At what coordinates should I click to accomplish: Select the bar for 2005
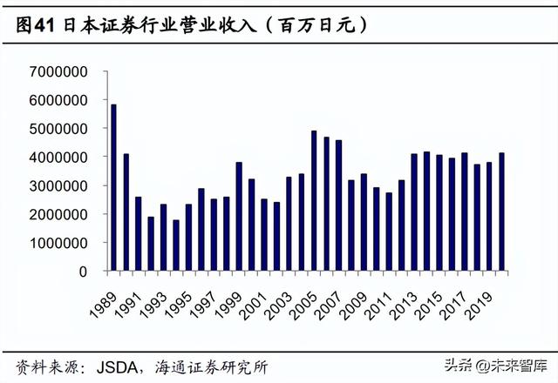click(314, 200)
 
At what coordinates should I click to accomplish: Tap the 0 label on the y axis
click(85, 272)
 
